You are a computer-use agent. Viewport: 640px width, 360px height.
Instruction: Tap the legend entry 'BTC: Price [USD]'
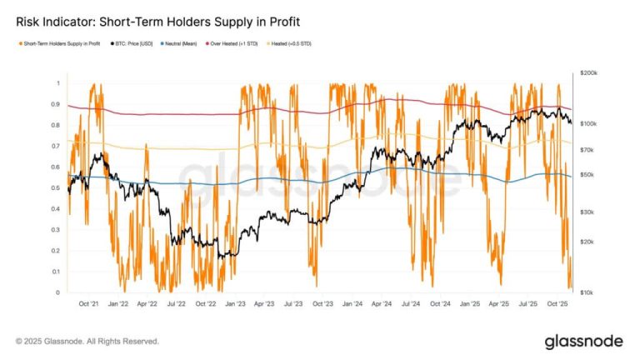tap(140, 43)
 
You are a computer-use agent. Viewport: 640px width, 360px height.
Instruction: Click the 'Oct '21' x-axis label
tap(89, 305)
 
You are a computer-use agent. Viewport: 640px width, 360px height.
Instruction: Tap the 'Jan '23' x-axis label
tap(236, 305)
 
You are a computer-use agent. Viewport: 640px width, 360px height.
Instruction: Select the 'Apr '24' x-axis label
tap(382, 305)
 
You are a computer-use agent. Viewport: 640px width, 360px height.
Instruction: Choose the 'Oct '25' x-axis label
tap(556, 305)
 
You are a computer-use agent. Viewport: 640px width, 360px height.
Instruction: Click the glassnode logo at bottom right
tap(583, 342)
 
